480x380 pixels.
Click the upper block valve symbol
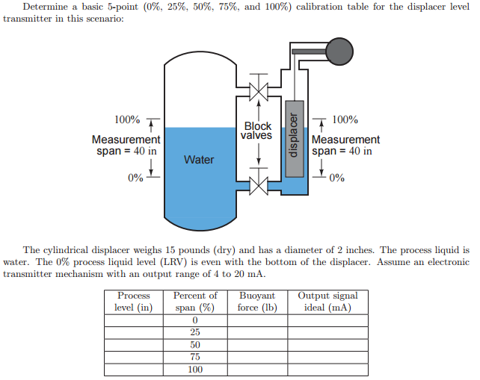pyautogui.click(x=259, y=91)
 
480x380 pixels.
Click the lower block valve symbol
pyautogui.click(x=259, y=185)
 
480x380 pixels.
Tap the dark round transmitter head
pyautogui.click(x=339, y=52)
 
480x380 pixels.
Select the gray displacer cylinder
pyautogui.click(x=295, y=139)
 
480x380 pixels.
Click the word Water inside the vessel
pyautogui.click(x=199, y=160)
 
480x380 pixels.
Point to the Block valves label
pyautogui.click(x=256, y=131)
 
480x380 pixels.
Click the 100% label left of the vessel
pyautogui.click(x=127, y=119)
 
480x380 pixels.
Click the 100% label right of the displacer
pyautogui.click(x=345, y=119)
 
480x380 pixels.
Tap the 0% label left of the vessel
pyautogui.click(x=135, y=178)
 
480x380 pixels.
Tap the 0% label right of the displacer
pyautogui.click(x=337, y=178)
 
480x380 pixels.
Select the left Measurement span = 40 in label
pyautogui.click(x=126, y=146)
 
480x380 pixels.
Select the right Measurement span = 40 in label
pyautogui.click(x=345, y=146)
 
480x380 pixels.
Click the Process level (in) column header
pyautogui.click(x=134, y=302)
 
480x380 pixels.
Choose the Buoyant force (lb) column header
pyautogui.click(x=257, y=302)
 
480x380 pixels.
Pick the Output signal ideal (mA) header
pyautogui.click(x=328, y=302)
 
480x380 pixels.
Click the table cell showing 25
pyautogui.click(x=195, y=332)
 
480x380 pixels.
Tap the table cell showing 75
pyautogui.click(x=195, y=357)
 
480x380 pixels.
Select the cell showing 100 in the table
pyautogui.click(x=195, y=370)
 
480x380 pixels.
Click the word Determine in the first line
pyautogui.click(x=46, y=7)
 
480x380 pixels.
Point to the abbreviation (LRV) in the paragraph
pyautogui.click(x=174, y=262)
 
